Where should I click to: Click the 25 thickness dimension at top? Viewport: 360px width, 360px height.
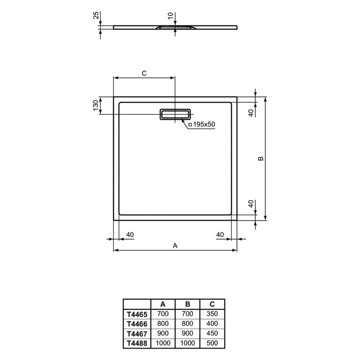click(x=96, y=16)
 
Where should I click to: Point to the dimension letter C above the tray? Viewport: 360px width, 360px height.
click(x=144, y=73)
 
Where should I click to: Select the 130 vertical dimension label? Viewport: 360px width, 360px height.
click(x=96, y=105)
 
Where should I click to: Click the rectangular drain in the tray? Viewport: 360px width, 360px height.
click(x=175, y=114)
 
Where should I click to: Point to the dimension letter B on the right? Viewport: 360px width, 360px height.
click(x=261, y=158)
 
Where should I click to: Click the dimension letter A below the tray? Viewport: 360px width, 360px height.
click(x=174, y=245)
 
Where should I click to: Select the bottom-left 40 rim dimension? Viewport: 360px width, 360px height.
click(x=130, y=234)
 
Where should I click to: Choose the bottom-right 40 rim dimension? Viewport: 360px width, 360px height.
click(x=220, y=234)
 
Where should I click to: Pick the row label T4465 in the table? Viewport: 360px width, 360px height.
click(x=137, y=314)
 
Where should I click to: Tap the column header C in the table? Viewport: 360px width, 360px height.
click(x=212, y=304)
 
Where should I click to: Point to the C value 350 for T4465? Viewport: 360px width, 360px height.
click(x=212, y=314)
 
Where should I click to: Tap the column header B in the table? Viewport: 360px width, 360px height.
click(x=187, y=304)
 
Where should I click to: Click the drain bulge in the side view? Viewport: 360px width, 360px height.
click(x=175, y=28)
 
